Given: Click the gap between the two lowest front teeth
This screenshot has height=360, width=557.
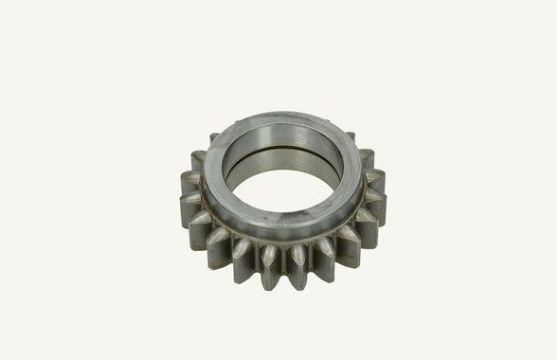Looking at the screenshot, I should click(283, 270).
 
